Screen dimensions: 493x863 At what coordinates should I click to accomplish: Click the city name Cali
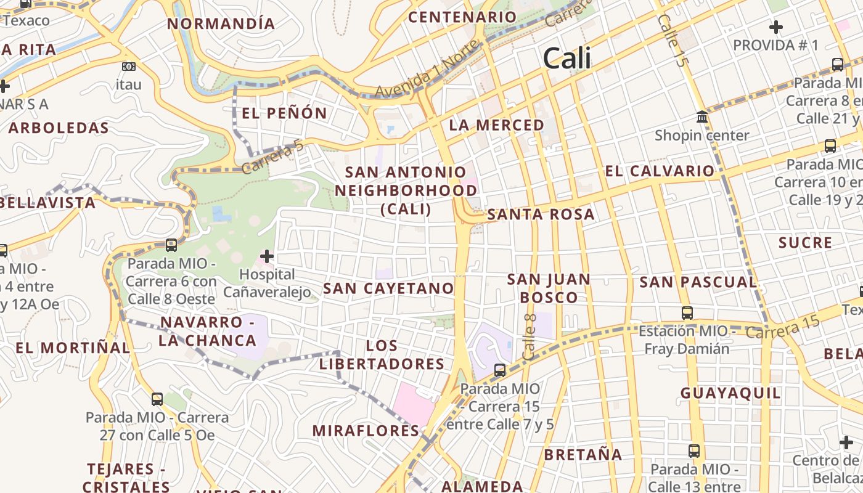click(566, 59)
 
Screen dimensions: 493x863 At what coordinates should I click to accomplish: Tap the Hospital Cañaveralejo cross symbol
click(267, 256)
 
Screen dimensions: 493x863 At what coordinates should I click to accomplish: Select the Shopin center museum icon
click(701, 117)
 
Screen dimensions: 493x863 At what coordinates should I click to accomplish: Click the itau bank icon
click(128, 67)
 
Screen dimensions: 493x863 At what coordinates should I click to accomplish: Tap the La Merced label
click(496, 125)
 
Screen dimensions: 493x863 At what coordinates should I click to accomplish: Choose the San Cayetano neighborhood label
click(388, 288)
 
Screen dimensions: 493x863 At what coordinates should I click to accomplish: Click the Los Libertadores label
click(382, 354)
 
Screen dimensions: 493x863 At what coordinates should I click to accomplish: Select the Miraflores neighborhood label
click(366, 431)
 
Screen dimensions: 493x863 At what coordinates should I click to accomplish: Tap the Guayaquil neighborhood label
click(730, 393)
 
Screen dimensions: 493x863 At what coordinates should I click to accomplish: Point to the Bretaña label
click(583, 455)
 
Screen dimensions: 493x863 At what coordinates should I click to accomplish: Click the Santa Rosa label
click(541, 214)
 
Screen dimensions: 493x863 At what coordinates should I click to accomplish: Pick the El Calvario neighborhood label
click(660, 171)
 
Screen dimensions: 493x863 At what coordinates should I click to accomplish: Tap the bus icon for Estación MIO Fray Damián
click(687, 313)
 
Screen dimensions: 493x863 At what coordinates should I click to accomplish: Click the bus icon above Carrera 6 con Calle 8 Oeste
click(171, 245)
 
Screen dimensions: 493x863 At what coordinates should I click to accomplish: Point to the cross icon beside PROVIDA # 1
click(776, 27)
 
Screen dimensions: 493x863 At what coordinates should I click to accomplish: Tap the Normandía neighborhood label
click(221, 24)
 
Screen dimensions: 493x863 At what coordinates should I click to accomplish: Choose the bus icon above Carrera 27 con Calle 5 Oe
click(157, 399)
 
